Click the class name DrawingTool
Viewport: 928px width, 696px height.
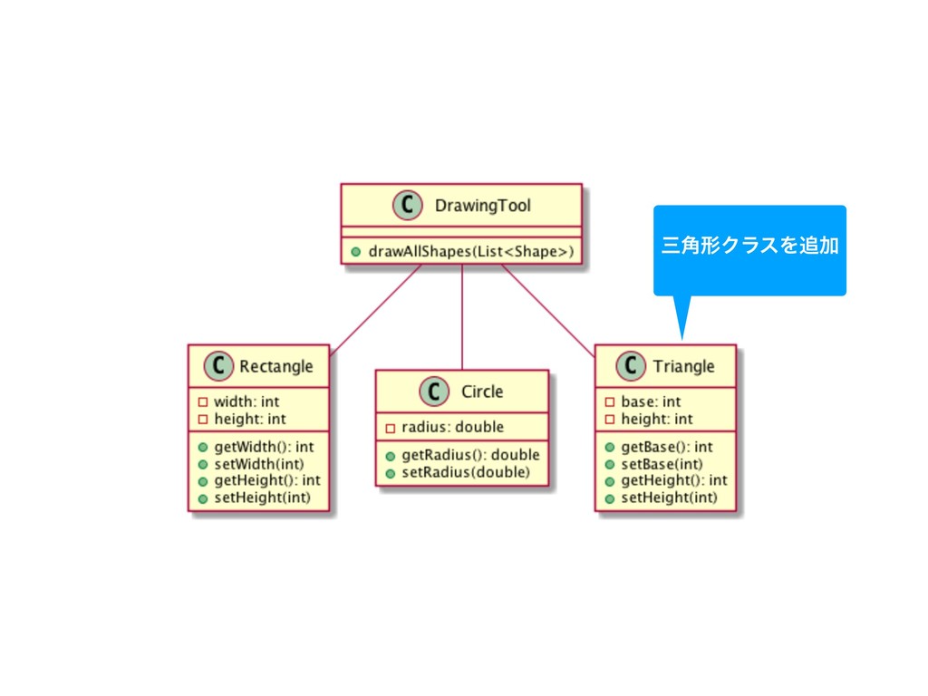tap(483, 206)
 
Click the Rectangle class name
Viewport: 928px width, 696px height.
tap(276, 366)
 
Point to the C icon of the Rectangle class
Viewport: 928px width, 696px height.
tap(217, 366)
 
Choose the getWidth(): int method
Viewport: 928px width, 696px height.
tap(264, 446)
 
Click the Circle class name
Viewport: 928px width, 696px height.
tap(482, 391)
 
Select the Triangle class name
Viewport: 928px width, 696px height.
tap(683, 366)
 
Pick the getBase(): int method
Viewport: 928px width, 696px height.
tap(666, 446)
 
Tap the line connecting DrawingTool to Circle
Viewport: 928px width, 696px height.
tap(462, 317)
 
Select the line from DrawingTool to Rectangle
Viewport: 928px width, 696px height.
tap(376, 308)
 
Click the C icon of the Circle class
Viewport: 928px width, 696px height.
tap(433, 391)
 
